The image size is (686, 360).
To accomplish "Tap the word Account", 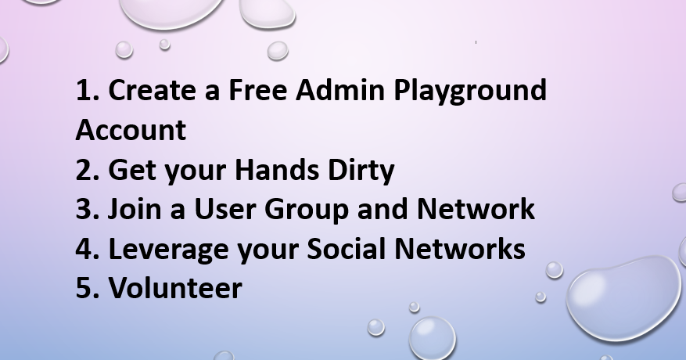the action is [131, 130].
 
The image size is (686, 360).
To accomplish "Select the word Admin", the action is [340, 90].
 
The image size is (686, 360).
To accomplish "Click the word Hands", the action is [277, 169].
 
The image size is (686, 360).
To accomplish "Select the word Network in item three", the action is [476, 208].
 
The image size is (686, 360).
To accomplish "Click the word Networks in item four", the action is [460, 248].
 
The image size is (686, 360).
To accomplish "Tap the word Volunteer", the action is [175, 287].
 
